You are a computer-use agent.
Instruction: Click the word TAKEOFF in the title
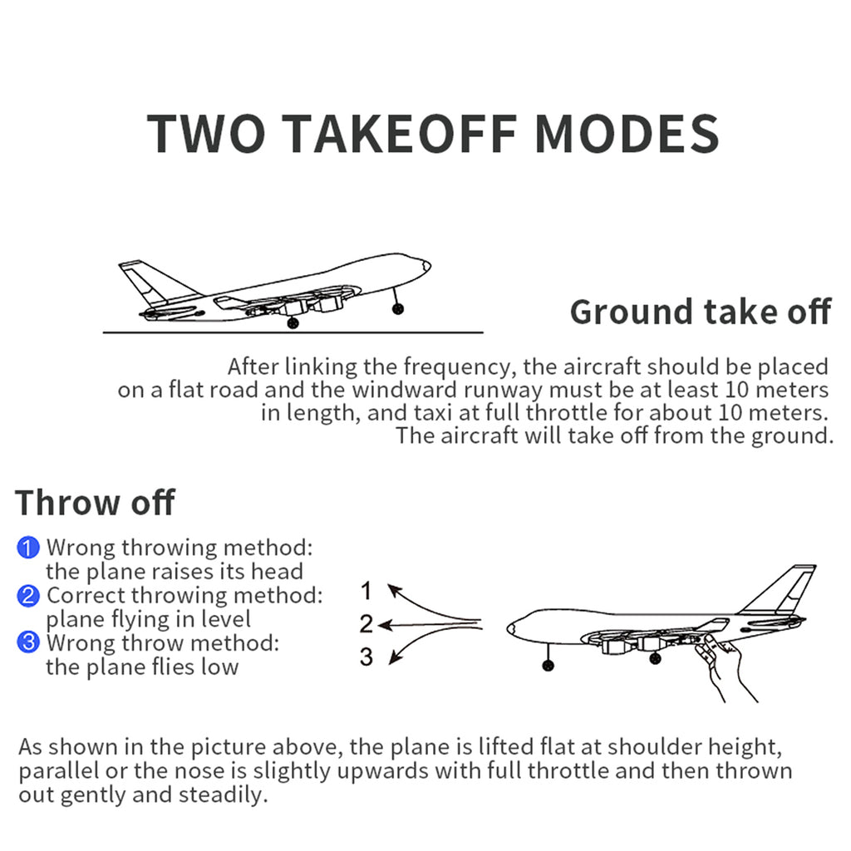[x=399, y=134]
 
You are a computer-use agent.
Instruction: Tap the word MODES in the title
[x=627, y=134]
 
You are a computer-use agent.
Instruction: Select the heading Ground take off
[x=701, y=312]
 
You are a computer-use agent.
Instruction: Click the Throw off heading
[x=95, y=503]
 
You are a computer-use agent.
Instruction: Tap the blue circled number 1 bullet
[x=28, y=548]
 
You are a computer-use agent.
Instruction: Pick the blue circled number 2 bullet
[x=28, y=595]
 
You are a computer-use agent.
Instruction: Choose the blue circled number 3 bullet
[x=28, y=642]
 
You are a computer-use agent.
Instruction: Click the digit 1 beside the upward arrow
[x=366, y=591]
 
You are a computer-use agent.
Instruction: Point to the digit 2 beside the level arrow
[x=366, y=623]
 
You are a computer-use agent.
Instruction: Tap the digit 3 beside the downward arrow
[x=366, y=657]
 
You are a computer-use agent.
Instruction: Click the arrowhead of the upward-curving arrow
[x=393, y=589]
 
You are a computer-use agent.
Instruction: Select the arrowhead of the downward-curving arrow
[x=395, y=658]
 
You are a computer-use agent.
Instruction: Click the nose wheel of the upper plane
[x=398, y=309]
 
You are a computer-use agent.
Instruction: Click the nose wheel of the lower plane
[x=548, y=665]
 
